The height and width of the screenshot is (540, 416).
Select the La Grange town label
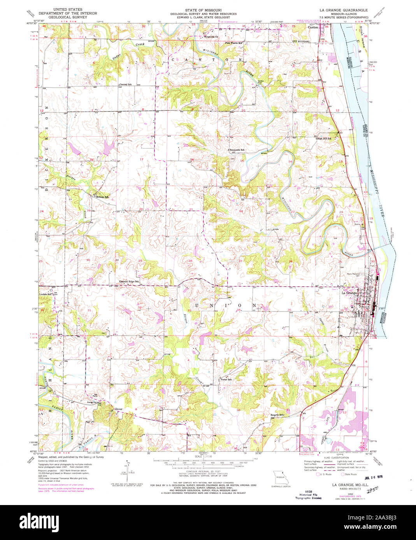(349, 293)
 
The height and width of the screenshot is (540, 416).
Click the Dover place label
(119, 409)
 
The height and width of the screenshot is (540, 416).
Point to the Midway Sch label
(100, 197)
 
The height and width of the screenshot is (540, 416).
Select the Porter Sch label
(226, 379)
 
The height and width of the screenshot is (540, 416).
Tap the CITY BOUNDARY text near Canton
(301, 41)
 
